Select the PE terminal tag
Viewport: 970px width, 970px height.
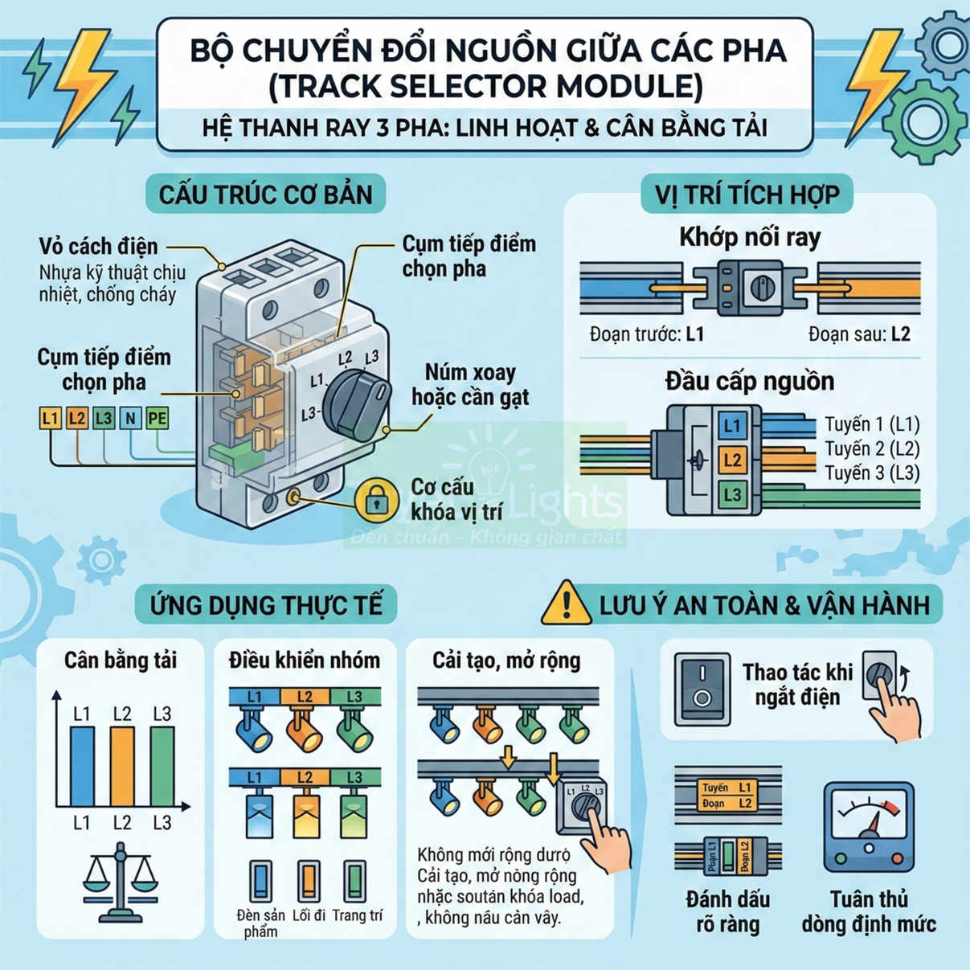pyautogui.click(x=158, y=418)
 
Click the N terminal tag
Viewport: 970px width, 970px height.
pyautogui.click(x=130, y=418)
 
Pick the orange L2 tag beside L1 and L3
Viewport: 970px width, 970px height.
pyautogui.click(x=76, y=418)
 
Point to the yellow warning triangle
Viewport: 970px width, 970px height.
pyautogui.click(x=566, y=604)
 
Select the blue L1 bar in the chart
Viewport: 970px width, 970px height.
pyautogui.click(x=82, y=766)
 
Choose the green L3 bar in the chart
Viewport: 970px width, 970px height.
pyautogui.click(x=162, y=766)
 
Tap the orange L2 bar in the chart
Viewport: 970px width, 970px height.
pyautogui.click(x=122, y=766)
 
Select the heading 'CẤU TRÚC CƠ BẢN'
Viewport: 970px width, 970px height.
pyautogui.click(x=266, y=194)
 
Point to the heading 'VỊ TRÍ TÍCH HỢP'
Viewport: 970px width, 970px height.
pyautogui.click(x=747, y=195)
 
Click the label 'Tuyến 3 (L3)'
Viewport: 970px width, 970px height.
pyautogui.click(x=872, y=473)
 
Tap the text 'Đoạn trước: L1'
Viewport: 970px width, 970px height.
pyautogui.click(x=646, y=334)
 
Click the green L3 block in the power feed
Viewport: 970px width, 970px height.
pyautogui.click(x=731, y=494)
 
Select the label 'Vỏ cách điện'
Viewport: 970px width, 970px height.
pyautogui.click(x=98, y=246)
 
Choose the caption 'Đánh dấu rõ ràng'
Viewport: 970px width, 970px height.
pyautogui.click(x=728, y=911)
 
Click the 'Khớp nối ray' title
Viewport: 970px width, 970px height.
pyautogui.click(x=750, y=237)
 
